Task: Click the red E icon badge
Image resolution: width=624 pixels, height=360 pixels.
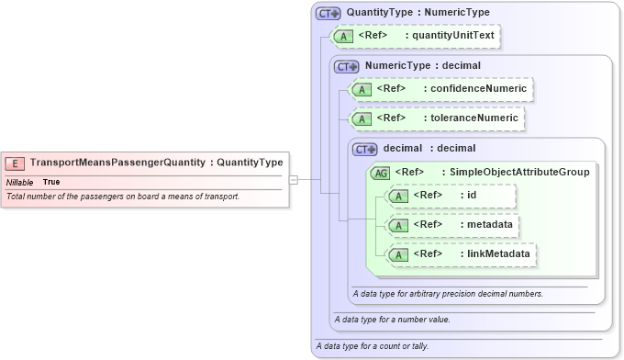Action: point(16,163)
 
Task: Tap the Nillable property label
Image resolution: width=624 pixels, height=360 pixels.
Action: point(19,182)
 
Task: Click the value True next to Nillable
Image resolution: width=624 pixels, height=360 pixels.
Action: point(51,182)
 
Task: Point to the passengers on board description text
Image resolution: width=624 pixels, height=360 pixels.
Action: point(122,197)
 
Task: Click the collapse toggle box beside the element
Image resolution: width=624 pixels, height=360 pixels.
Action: point(294,180)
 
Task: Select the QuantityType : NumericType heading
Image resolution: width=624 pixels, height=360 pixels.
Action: point(418,13)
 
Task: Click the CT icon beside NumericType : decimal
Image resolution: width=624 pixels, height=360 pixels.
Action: point(347,66)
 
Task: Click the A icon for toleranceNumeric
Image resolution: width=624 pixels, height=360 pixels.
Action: point(362,118)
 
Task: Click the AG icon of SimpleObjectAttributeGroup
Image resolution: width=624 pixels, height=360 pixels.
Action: point(379,172)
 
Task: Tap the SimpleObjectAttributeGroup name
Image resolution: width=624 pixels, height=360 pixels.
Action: point(515,172)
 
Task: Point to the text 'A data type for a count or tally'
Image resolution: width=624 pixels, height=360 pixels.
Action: point(372,346)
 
